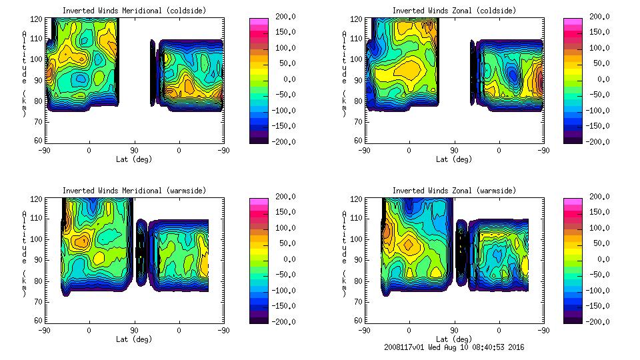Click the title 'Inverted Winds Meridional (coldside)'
click(134, 11)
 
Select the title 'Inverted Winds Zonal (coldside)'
click(454, 11)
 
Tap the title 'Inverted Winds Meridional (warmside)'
click(134, 191)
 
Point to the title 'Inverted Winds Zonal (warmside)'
click(454, 191)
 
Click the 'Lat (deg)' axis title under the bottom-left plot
click(134, 339)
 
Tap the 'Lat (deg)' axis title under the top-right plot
click(454, 159)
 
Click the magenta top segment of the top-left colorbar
click(259, 21)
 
